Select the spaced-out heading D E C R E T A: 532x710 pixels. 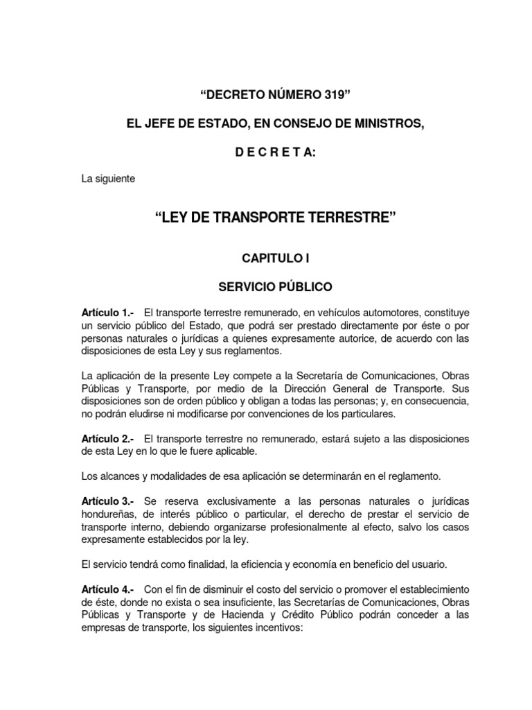266,151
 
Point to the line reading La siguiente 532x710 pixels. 108,179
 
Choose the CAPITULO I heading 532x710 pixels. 266,259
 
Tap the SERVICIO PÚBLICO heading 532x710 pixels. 266,286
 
